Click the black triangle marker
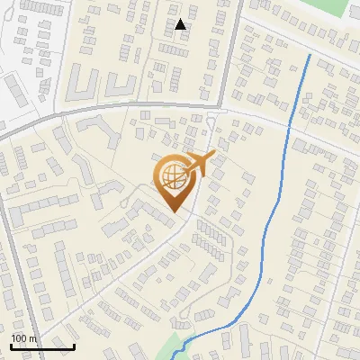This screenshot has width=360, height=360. tap(181, 24)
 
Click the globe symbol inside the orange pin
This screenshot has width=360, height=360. tap(173, 176)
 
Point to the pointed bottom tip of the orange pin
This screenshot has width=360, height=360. tap(174, 212)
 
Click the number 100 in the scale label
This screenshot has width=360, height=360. tap(20, 337)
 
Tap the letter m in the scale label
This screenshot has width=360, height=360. tap(32, 337)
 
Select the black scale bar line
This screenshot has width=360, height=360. tap(42, 346)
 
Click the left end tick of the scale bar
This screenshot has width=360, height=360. tap(11, 345)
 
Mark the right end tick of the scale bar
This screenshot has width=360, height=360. tap(74, 345)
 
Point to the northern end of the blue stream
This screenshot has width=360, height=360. tap(310, 55)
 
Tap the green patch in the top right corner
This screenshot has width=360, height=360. tap(337, 9)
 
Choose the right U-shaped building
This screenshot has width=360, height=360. tap(122, 86)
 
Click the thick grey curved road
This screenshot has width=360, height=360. tap(135, 108)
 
